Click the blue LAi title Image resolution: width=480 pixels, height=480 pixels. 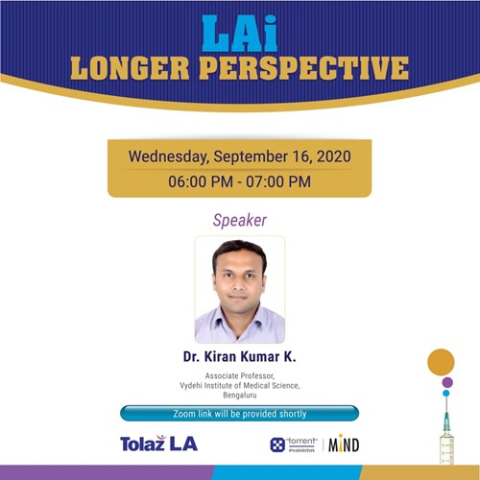pos(240,34)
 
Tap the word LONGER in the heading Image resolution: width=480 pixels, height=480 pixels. pos(130,68)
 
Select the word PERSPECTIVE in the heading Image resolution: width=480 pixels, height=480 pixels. pos(305,68)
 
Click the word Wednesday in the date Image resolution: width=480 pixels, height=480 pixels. pos(169,156)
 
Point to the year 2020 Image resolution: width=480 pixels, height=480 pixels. pos(334,156)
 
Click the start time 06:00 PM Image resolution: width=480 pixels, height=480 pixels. pos(201,181)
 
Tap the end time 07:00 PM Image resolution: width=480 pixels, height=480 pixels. pos(278,181)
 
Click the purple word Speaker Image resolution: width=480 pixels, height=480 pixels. pos(240,221)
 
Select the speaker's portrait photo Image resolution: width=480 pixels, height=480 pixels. pos(240,290)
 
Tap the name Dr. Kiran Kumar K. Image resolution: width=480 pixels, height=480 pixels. pos(240,357)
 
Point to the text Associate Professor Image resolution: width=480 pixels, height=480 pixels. pos(240,375)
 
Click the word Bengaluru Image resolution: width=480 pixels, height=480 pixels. pos(240,396)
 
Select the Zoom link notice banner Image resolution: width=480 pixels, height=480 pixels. pos(240,414)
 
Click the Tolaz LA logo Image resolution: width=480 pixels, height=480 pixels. pos(159,444)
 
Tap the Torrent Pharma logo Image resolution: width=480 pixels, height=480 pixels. pos(294,444)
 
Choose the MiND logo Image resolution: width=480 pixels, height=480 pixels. pos(344,444)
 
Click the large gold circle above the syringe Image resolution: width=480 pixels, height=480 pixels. pos(441,362)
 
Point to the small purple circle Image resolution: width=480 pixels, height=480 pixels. pos(447,382)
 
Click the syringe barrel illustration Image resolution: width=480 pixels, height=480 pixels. pos(447,448)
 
